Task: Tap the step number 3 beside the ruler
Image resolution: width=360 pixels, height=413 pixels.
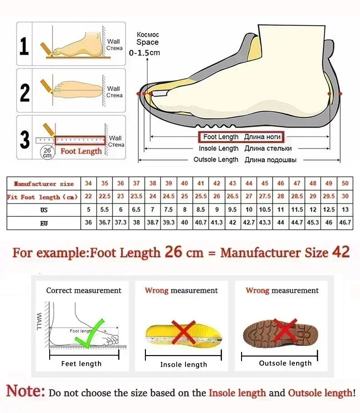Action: pos(25,140)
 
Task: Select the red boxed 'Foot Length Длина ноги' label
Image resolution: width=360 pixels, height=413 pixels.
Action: pos(240,137)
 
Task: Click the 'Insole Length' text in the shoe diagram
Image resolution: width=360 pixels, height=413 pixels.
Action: pos(218,148)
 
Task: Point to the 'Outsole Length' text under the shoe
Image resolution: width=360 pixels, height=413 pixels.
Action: pos(216,160)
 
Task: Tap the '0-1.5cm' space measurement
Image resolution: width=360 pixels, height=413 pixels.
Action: pos(144,53)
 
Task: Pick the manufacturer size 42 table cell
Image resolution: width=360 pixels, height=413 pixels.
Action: pos(217,183)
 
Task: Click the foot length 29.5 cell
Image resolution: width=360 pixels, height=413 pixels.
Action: pos(329,196)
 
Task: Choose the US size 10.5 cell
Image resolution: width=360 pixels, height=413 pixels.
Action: pos(265,209)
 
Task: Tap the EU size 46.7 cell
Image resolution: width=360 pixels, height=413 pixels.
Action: pos(345,223)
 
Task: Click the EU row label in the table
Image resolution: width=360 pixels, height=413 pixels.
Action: pos(43,223)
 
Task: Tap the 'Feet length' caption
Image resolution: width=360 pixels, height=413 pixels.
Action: pos(81,364)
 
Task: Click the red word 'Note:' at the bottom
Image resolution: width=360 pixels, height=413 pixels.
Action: pos(26,391)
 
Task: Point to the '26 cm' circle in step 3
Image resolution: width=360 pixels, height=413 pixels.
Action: pos(47,152)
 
